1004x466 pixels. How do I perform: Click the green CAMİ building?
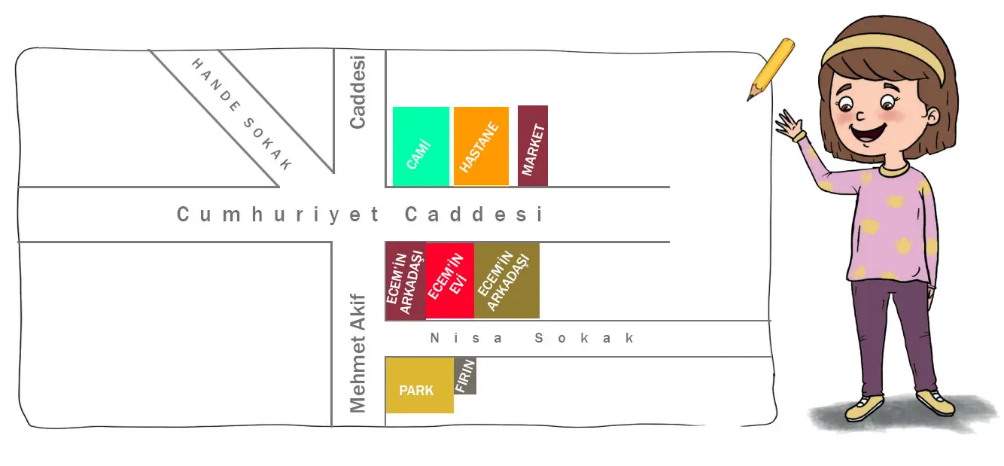(x=421, y=146)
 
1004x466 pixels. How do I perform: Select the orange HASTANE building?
(x=481, y=146)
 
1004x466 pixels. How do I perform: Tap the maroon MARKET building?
(x=533, y=145)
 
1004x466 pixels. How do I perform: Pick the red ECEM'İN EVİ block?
(x=449, y=280)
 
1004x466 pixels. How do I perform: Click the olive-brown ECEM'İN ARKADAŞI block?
(x=507, y=280)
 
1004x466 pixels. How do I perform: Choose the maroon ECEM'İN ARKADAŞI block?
(x=406, y=281)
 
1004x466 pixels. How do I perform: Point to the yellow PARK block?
(x=419, y=385)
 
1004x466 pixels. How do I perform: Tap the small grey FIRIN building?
(x=465, y=376)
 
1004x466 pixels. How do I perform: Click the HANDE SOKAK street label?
(x=241, y=114)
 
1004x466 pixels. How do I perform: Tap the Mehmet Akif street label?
(x=358, y=352)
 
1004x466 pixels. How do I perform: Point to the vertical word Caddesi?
(x=358, y=91)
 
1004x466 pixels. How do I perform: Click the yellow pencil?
(x=771, y=69)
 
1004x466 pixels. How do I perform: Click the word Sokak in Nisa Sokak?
(x=585, y=338)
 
